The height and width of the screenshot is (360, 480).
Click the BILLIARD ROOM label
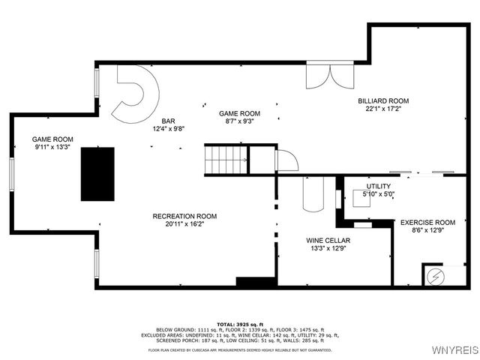(382, 100)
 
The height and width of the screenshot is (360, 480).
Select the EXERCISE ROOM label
(427, 223)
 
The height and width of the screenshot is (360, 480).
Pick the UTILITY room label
(378, 186)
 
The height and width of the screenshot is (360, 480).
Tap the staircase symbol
(226, 160)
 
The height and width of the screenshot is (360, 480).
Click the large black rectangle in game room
(97, 174)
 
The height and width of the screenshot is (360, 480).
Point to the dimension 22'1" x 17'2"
(382, 109)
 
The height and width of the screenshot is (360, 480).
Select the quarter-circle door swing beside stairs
(286, 160)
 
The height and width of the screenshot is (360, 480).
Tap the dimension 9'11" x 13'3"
(52, 147)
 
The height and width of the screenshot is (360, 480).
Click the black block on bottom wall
(256, 282)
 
